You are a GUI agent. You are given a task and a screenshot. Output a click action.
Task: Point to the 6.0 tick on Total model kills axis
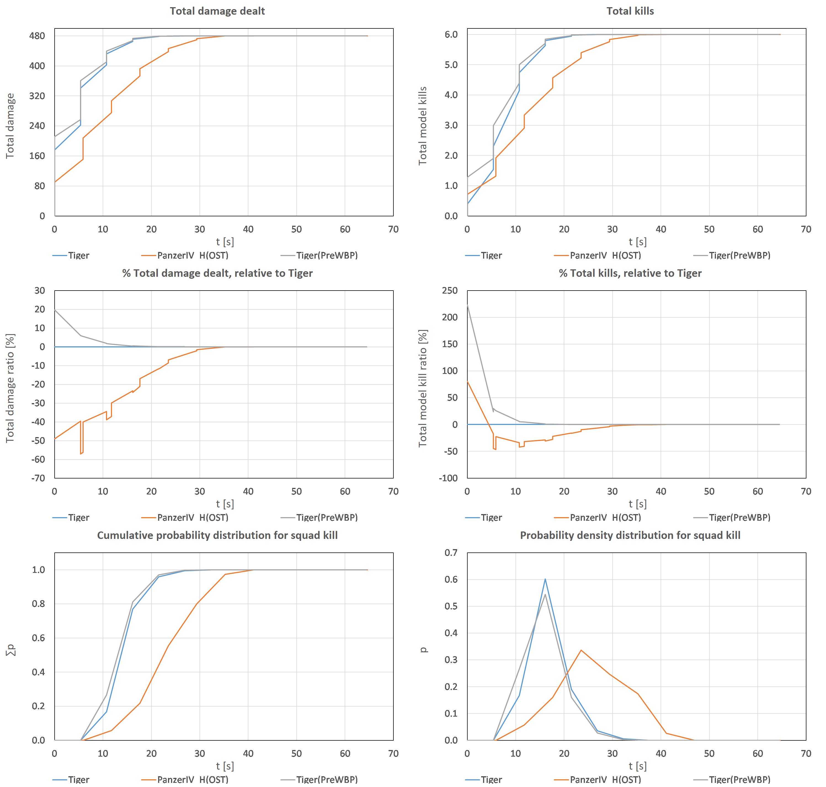pyautogui.click(x=451, y=34)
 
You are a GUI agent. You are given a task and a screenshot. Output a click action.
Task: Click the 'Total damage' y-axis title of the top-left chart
pyautogui.click(x=10, y=126)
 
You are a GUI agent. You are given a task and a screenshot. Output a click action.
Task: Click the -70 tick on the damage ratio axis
pyautogui.click(x=38, y=478)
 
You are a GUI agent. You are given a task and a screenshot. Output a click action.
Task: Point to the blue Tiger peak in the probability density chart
pyautogui.click(x=545, y=579)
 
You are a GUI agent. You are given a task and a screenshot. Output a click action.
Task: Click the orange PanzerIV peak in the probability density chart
pyautogui.click(x=581, y=650)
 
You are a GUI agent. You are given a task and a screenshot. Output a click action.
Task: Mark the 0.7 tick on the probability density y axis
pyautogui.click(x=451, y=552)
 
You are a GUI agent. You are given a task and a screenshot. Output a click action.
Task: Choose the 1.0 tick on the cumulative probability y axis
pyautogui.click(x=39, y=570)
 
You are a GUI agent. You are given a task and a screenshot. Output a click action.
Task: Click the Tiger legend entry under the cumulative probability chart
pyautogui.click(x=78, y=780)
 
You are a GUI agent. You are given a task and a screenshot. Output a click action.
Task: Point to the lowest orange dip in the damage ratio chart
pyautogui.click(x=81, y=453)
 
